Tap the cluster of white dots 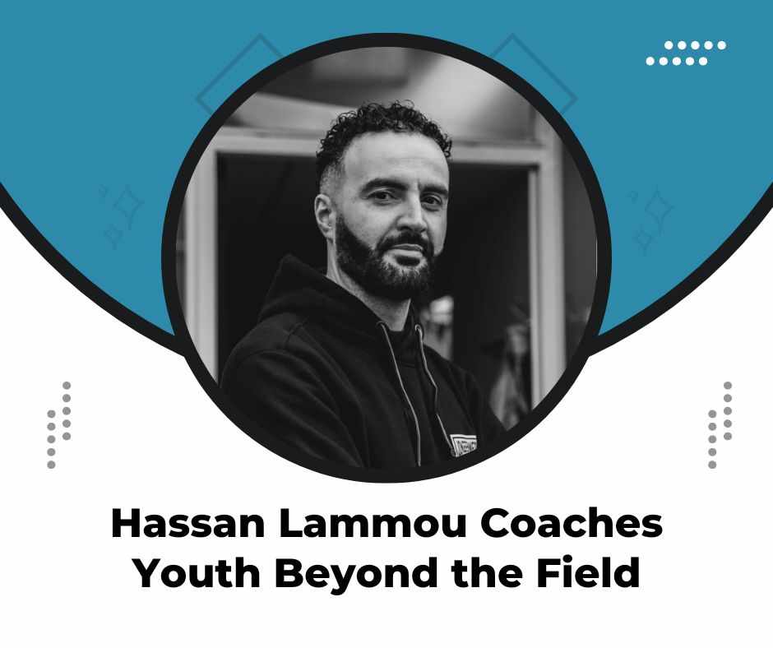pos(686,53)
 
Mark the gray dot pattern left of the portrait pos(58,424)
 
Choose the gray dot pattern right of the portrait pos(720,424)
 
